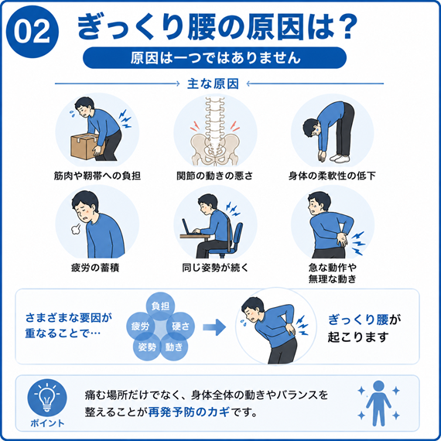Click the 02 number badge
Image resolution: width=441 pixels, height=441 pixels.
32,32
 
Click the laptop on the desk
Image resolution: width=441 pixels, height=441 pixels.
190,227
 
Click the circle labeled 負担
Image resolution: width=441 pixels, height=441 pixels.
160,306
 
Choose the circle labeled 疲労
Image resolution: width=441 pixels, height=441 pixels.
140,326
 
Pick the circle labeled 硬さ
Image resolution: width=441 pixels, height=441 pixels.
180,326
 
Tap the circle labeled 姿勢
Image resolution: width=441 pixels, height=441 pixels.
147,347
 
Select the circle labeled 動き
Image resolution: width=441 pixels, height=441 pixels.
174,347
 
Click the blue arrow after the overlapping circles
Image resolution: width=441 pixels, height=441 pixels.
214,327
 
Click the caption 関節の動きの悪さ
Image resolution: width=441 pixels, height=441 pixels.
214,176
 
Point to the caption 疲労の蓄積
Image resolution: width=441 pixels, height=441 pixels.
95,268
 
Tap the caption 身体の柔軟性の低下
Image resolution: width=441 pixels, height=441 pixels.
332,176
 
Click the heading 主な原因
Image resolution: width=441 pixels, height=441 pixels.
213,84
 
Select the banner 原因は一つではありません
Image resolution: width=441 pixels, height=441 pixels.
214,58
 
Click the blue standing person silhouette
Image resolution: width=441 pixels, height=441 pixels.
378,403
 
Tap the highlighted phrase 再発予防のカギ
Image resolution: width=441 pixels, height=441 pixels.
189,412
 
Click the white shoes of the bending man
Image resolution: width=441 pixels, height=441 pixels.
340,159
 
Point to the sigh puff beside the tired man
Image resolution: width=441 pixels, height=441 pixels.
76,229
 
